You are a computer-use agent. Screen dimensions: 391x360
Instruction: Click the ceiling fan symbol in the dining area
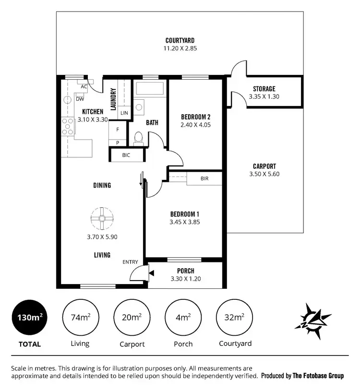(102, 219)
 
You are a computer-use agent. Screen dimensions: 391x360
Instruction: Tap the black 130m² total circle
(29, 318)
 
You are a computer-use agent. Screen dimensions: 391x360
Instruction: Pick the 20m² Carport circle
(131, 318)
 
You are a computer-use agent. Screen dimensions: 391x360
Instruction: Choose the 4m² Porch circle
(182, 318)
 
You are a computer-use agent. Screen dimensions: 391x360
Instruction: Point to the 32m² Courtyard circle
(235, 318)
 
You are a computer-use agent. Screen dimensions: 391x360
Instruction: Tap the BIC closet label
(126, 155)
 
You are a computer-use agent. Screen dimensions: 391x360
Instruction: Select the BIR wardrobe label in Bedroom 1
(204, 178)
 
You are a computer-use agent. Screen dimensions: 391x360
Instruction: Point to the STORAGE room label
(264, 89)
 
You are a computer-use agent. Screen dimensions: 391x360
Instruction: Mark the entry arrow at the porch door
(152, 273)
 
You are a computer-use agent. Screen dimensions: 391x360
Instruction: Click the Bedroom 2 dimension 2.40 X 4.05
(196, 125)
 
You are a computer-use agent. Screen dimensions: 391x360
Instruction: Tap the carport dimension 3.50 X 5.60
(264, 174)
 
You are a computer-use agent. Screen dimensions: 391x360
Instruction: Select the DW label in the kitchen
(80, 99)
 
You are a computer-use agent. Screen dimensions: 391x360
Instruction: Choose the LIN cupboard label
(124, 113)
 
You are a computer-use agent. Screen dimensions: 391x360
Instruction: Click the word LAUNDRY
(114, 99)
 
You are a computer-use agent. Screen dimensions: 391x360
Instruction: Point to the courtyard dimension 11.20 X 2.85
(180, 48)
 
